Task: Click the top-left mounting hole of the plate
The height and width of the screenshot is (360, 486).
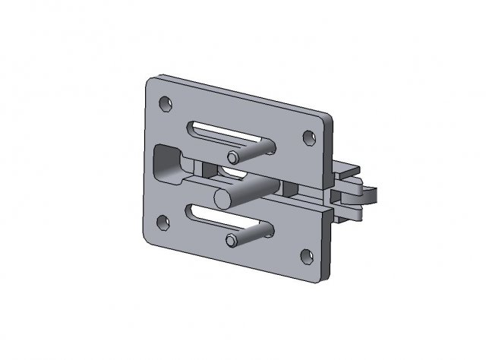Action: [x=164, y=103]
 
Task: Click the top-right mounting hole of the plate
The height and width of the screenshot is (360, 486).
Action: [x=308, y=138]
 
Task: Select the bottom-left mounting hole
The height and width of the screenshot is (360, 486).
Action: [x=162, y=223]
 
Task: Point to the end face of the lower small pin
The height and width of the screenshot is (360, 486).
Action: [x=231, y=242]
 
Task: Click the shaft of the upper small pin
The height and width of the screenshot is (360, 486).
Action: [x=254, y=147]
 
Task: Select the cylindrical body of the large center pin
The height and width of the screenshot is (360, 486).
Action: [x=251, y=188]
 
